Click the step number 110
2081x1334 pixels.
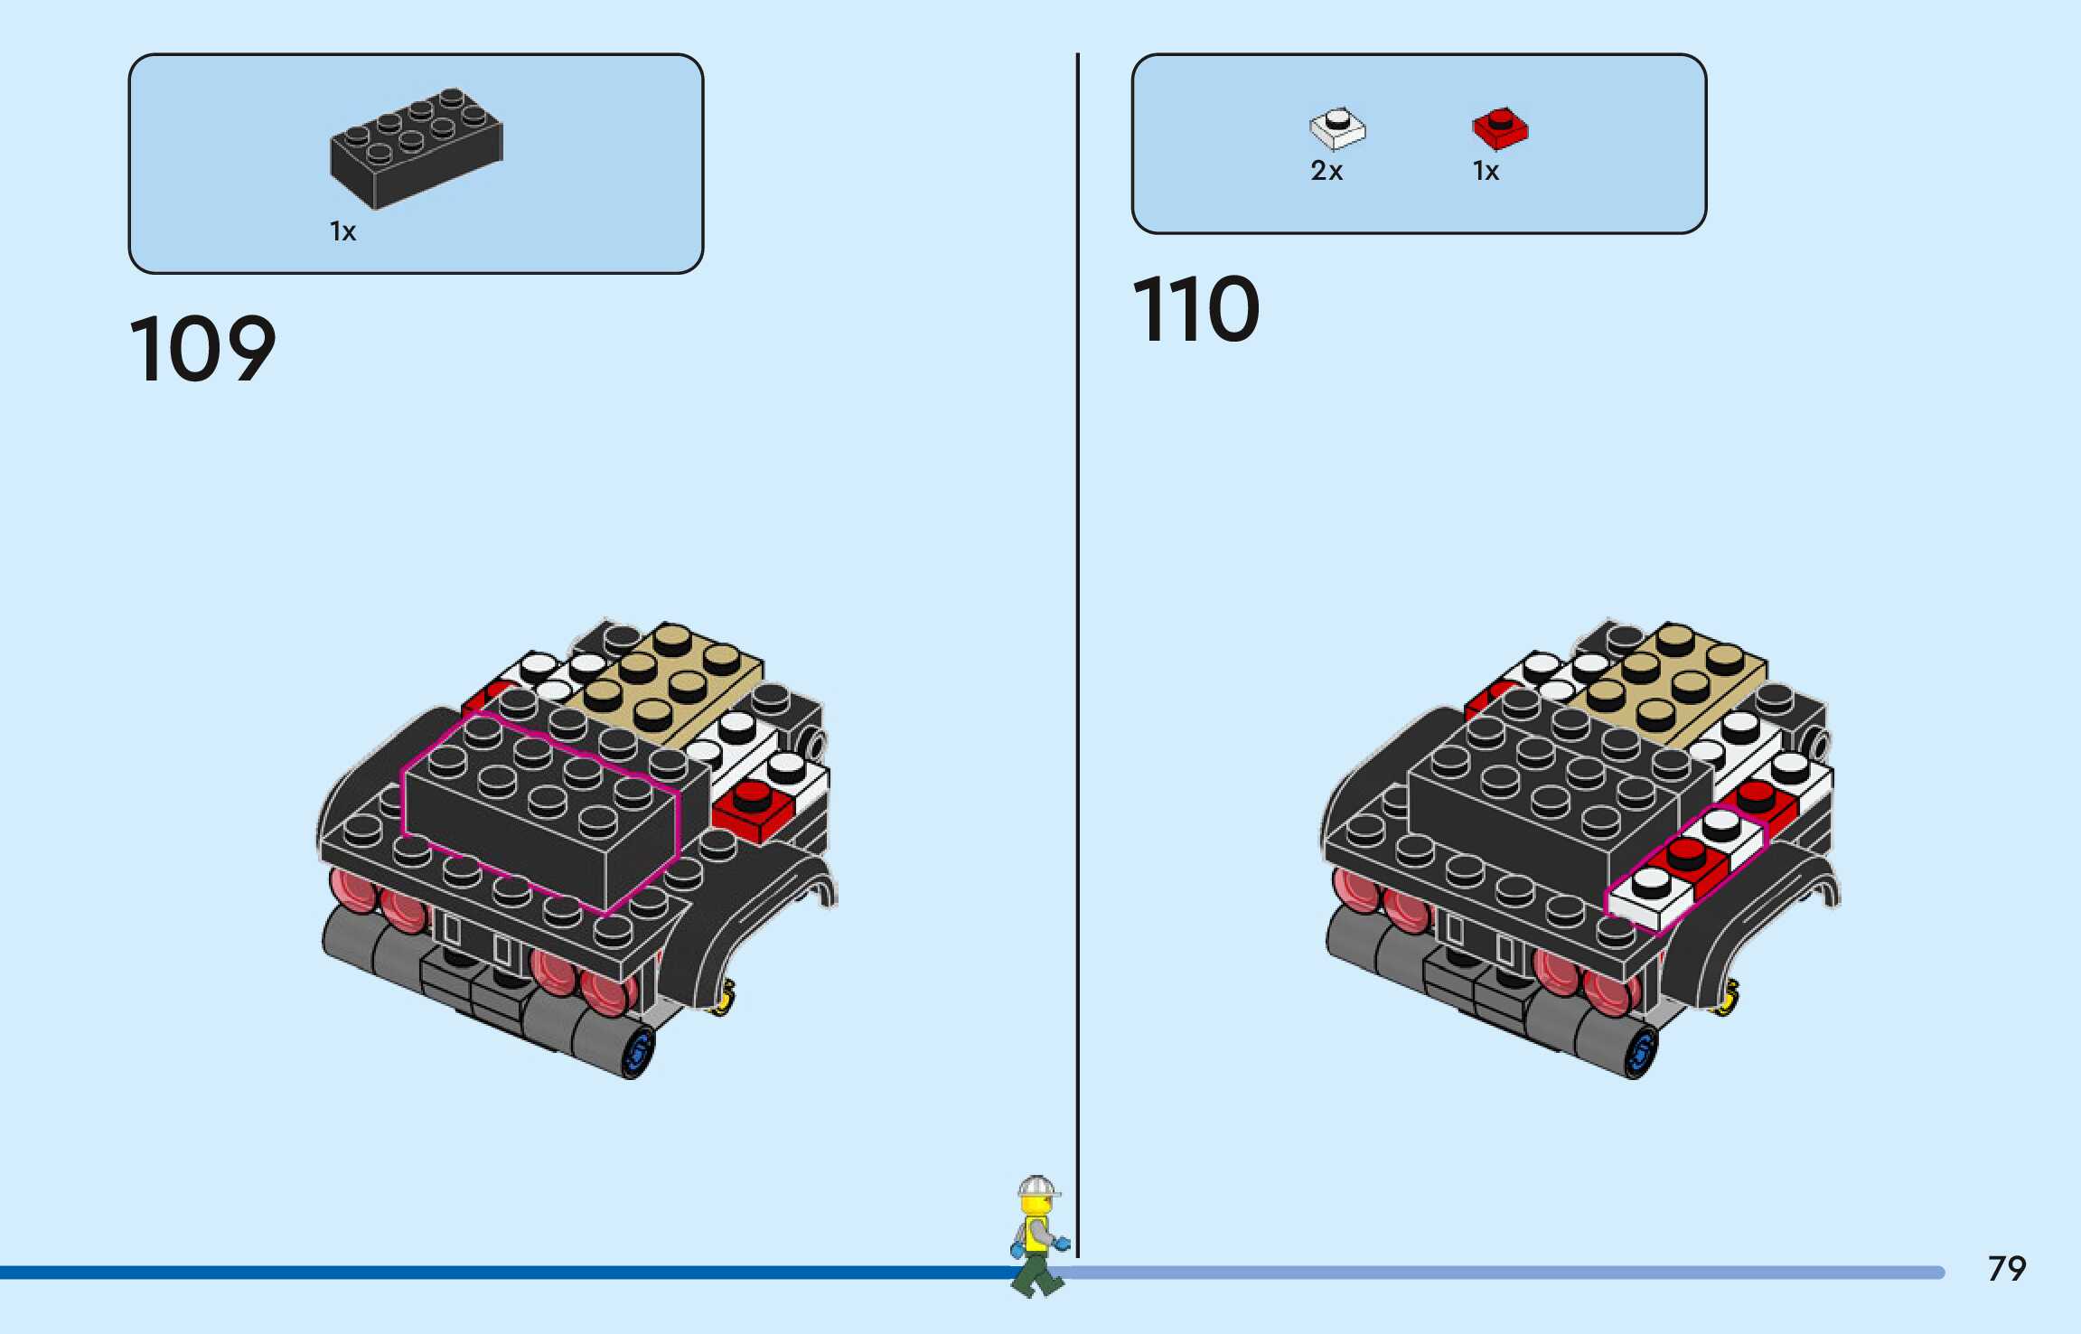click(1195, 310)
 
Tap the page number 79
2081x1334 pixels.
click(2006, 1269)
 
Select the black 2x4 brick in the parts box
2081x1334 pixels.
click(416, 146)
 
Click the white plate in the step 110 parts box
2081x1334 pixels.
click(1337, 128)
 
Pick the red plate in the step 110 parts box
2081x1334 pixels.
click(1500, 128)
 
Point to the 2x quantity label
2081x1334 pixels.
click(1326, 171)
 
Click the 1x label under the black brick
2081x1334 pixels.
click(342, 232)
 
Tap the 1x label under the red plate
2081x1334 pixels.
click(1486, 171)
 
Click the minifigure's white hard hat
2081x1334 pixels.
click(1036, 1186)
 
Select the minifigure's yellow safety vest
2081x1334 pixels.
click(1036, 1234)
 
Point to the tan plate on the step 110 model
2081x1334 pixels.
click(1676, 682)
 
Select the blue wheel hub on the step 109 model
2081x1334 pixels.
click(639, 1052)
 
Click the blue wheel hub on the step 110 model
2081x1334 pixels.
click(1642, 1052)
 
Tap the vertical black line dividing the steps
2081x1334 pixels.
click(1077, 633)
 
